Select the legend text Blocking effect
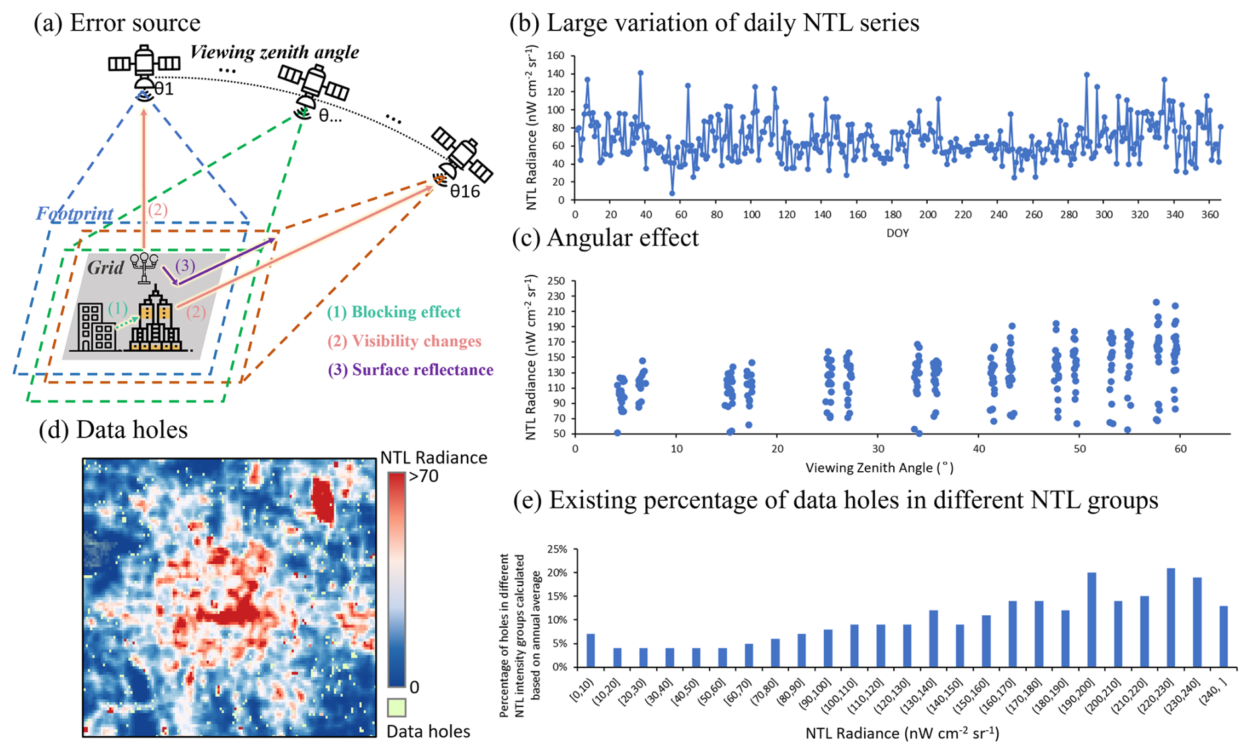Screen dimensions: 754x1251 [x=394, y=312]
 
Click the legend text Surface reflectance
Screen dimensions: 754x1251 [x=411, y=369]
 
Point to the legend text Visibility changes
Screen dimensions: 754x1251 [x=404, y=341]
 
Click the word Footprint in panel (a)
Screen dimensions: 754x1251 [x=74, y=213]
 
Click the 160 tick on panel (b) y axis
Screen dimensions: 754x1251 [x=556, y=56]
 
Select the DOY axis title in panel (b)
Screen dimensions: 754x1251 [x=897, y=233]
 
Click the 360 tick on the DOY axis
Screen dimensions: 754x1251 [x=1209, y=214]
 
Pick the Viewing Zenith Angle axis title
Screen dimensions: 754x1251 [x=879, y=468]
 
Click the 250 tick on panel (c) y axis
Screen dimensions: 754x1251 [x=556, y=281]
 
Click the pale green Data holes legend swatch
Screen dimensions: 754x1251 [x=396, y=708]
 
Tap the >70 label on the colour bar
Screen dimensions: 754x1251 [x=424, y=476]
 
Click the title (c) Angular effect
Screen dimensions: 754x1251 [x=605, y=238]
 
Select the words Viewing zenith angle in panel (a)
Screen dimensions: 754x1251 [x=274, y=52]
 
